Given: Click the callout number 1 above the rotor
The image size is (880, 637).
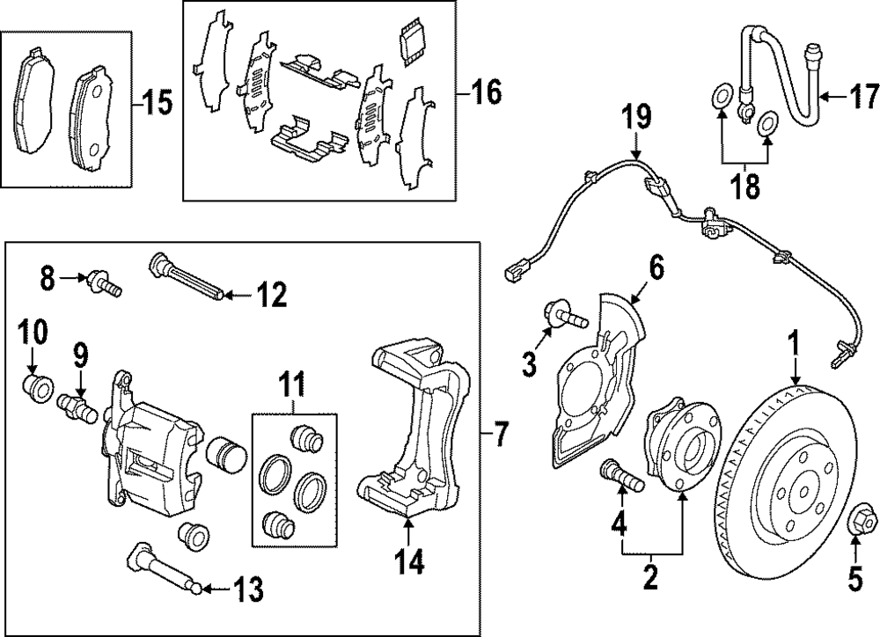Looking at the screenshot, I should pos(795,342).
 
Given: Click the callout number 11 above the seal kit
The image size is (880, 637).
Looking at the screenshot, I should pos(291,384).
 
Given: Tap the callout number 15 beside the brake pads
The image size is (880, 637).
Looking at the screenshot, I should pos(158,104).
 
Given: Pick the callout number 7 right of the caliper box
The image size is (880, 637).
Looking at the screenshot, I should pos(500,434).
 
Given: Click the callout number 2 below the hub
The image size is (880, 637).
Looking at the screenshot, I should pos(651,579).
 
